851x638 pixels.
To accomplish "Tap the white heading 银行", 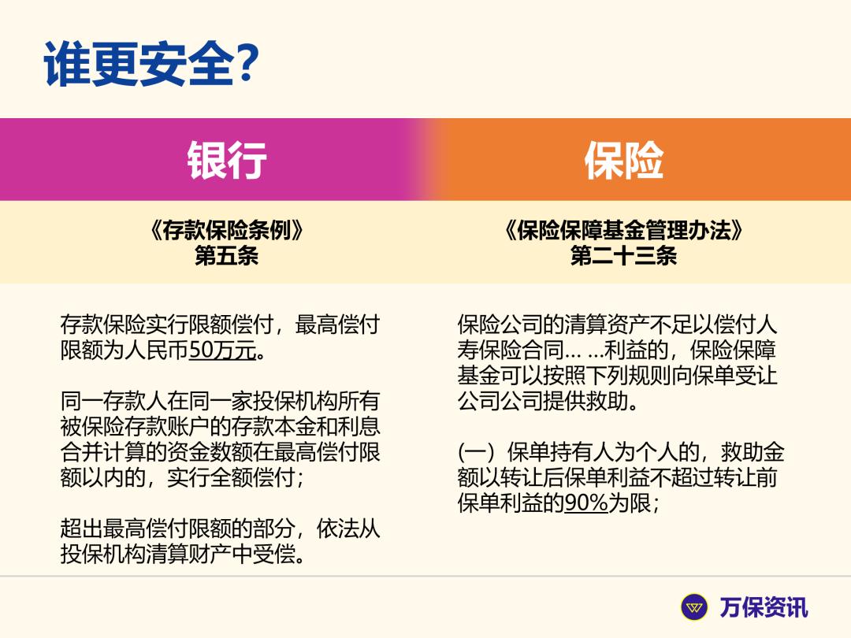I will (x=227, y=160).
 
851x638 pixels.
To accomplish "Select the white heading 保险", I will (x=623, y=160).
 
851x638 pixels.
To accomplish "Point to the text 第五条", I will (x=226, y=256).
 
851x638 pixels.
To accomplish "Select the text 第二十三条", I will (x=623, y=256).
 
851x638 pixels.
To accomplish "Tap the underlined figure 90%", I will (x=586, y=503).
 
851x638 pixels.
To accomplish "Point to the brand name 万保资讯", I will (x=764, y=607).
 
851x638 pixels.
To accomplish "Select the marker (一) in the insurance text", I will (x=478, y=453).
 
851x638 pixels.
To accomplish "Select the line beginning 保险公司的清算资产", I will (x=617, y=325).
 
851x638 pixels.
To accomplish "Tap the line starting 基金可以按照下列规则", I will (x=617, y=376).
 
